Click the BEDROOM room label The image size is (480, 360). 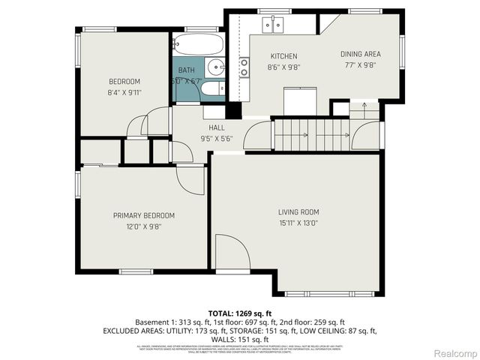click(x=124, y=82)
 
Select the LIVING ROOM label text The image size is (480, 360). click(x=298, y=211)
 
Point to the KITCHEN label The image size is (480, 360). click(x=283, y=56)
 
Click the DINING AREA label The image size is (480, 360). click(x=361, y=54)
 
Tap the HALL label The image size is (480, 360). click(x=217, y=127)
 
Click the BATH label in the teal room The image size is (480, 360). click(x=186, y=70)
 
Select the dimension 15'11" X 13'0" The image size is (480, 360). click(x=298, y=222)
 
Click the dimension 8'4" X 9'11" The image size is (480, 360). click(x=124, y=92)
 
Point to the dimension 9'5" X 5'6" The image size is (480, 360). click(x=217, y=138)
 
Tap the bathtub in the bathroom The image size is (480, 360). click(x=197, y=42)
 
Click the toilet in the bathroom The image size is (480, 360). click(x=211, y=90)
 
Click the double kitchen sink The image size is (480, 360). click(x=273, y=26)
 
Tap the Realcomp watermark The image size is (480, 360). click(x=457, y=352)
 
